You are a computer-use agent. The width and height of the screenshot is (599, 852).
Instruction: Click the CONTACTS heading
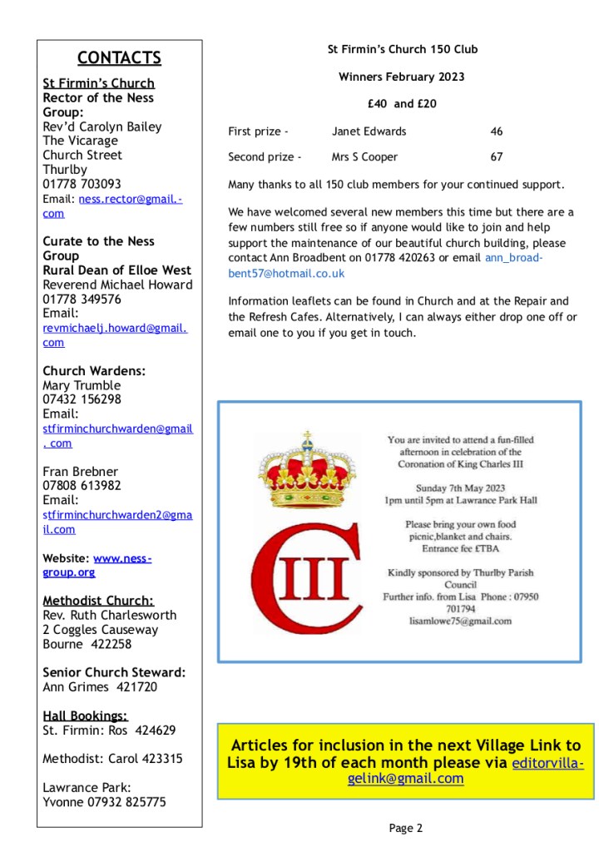click(119, 57)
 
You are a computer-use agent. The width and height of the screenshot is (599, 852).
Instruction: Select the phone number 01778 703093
click(82, 184)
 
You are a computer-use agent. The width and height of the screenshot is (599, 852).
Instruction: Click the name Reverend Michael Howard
click(117, 285)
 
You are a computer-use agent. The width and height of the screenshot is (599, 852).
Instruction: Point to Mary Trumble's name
click(82, 385)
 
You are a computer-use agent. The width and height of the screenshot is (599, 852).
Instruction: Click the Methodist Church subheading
click(98, 601)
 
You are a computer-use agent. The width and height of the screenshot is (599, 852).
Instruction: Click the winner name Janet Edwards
click(369, 131)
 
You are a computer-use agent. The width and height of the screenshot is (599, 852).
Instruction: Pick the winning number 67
click(497, 156)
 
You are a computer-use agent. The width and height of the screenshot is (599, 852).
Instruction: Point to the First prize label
click(258, 131)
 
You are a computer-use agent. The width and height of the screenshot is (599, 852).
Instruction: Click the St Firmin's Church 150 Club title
click(403, 50)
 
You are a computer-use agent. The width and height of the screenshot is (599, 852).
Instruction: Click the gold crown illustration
click(306, 472)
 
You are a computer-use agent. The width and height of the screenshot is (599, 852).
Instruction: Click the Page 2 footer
click(406, 827)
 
